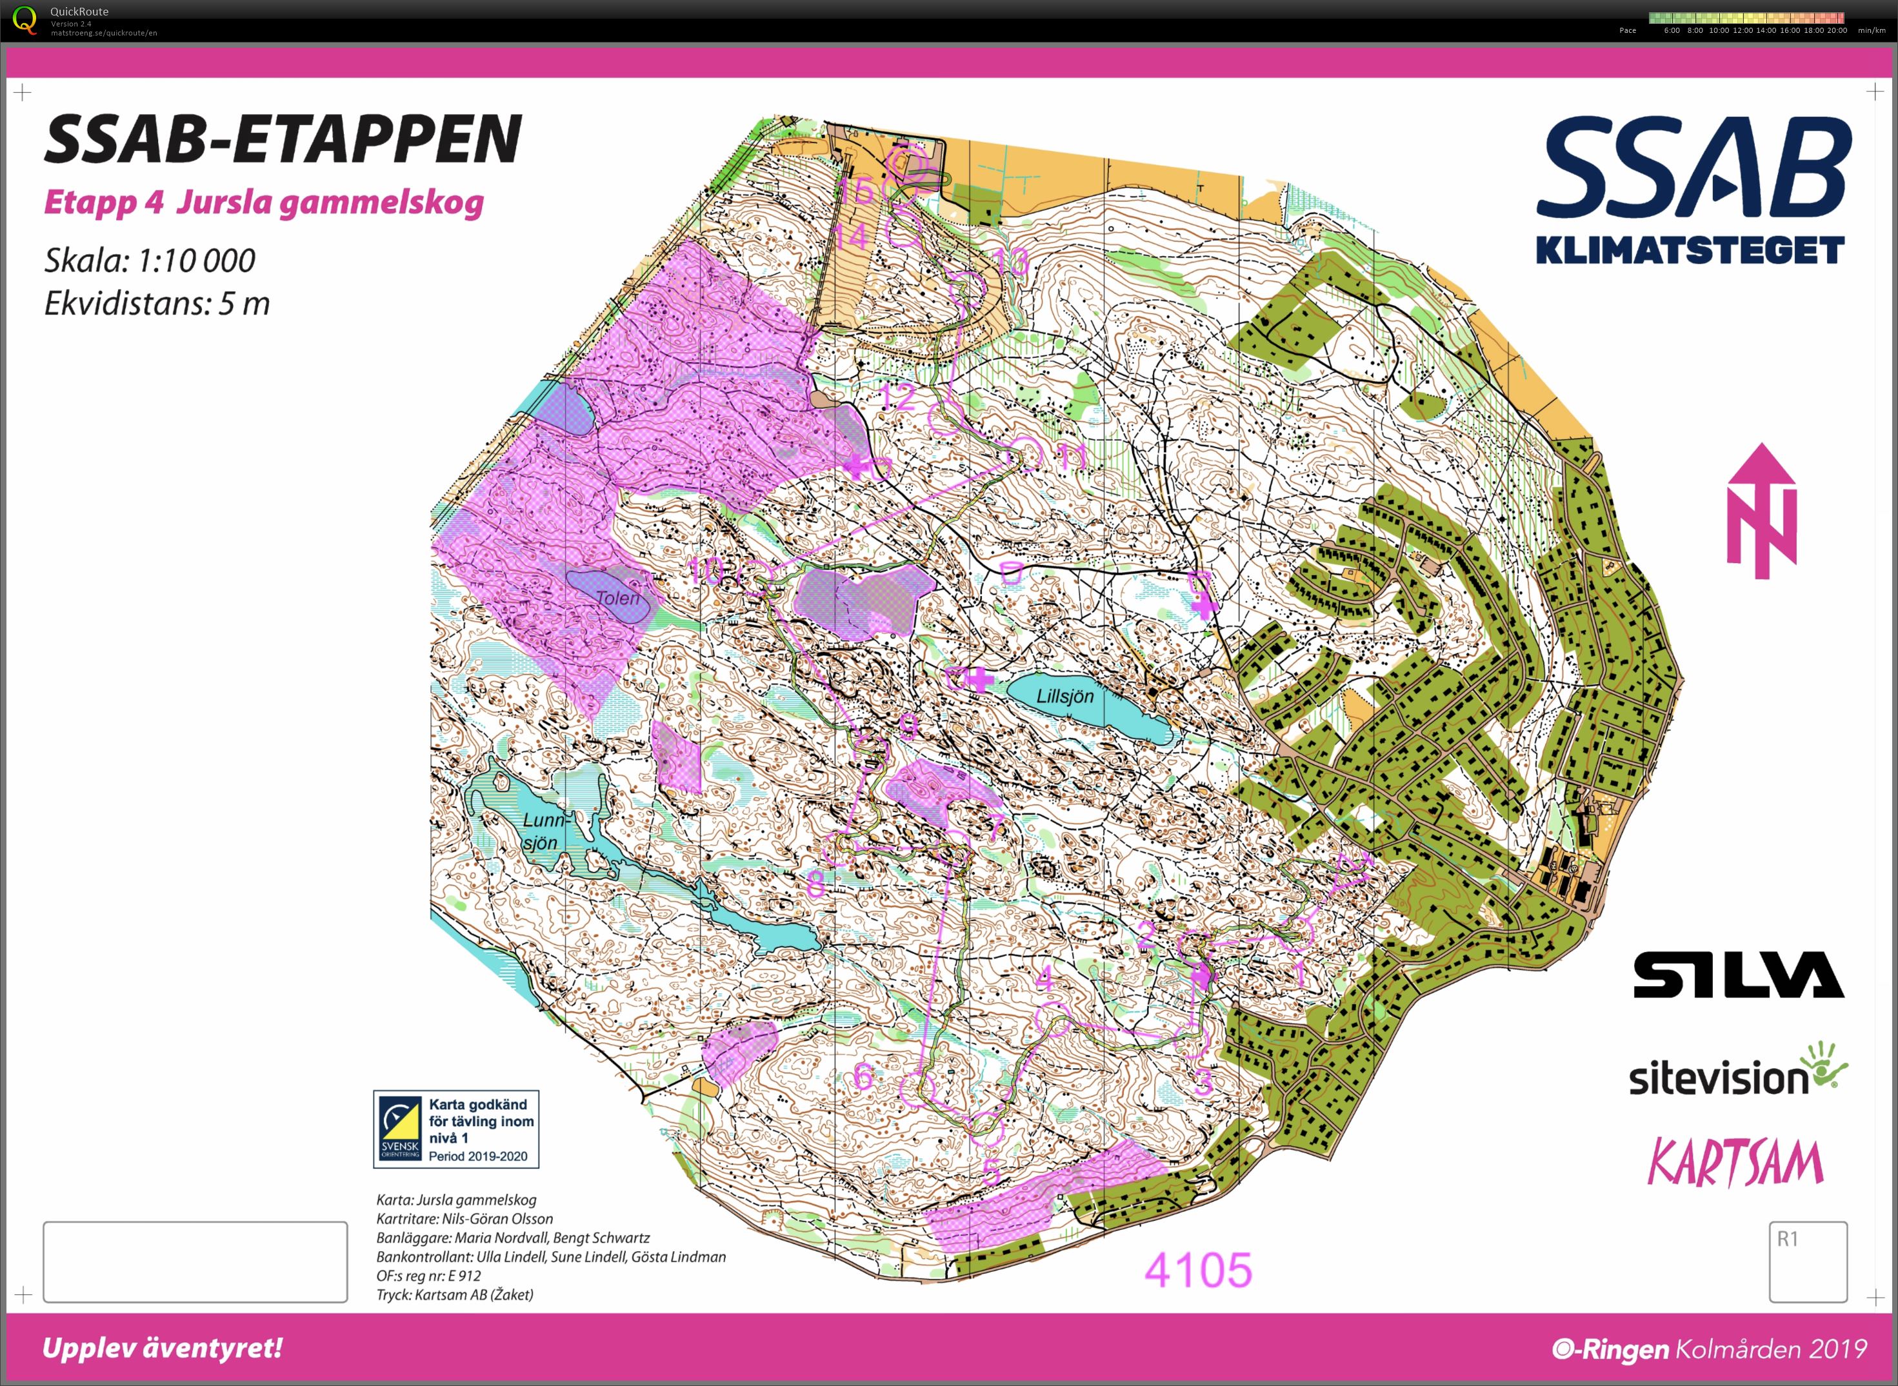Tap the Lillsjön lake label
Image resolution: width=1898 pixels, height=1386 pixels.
tap(1064, 697)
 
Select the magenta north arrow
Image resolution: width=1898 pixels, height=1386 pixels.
tap(1761, 512)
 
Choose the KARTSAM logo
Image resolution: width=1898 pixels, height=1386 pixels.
tap(1735, 1163)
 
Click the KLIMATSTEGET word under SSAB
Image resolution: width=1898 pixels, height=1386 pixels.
tap(1690, 250)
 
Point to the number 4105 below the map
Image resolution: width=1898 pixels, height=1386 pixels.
tap(1197, 1270)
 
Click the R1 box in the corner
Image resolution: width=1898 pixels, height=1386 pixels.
tap(1808, 1261)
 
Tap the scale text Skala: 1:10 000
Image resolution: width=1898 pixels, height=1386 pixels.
tap(150, 261)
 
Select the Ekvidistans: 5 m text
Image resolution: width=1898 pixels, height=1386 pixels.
tap(157, 304)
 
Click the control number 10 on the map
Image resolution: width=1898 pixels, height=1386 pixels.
tap(706, 571)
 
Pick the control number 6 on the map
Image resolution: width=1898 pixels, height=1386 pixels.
tap(863, 1076)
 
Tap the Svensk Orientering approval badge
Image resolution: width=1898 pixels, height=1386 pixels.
tap(455, 1129)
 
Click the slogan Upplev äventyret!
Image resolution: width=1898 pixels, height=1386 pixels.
tap(162, 1348)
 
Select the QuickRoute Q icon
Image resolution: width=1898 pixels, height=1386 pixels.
tap(25, 19)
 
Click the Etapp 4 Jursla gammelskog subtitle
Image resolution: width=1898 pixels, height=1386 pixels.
tap(263, 203)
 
